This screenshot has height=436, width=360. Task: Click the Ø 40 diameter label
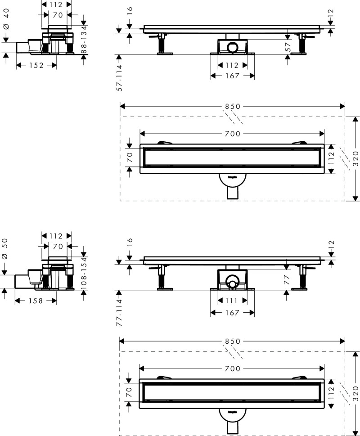tap(6, 21)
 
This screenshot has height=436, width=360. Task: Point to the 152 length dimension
tap(36, 66)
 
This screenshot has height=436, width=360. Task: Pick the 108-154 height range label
tap(84, 270)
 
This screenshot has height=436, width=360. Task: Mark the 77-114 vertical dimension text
tap(120, 311)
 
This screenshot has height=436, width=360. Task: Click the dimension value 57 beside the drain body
tap(288, 46)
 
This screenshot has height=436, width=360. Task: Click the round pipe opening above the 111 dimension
tap(232, 284)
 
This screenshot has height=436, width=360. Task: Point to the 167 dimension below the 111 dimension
tap(233, 312)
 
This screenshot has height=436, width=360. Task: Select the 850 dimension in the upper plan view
tap(233, 107)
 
